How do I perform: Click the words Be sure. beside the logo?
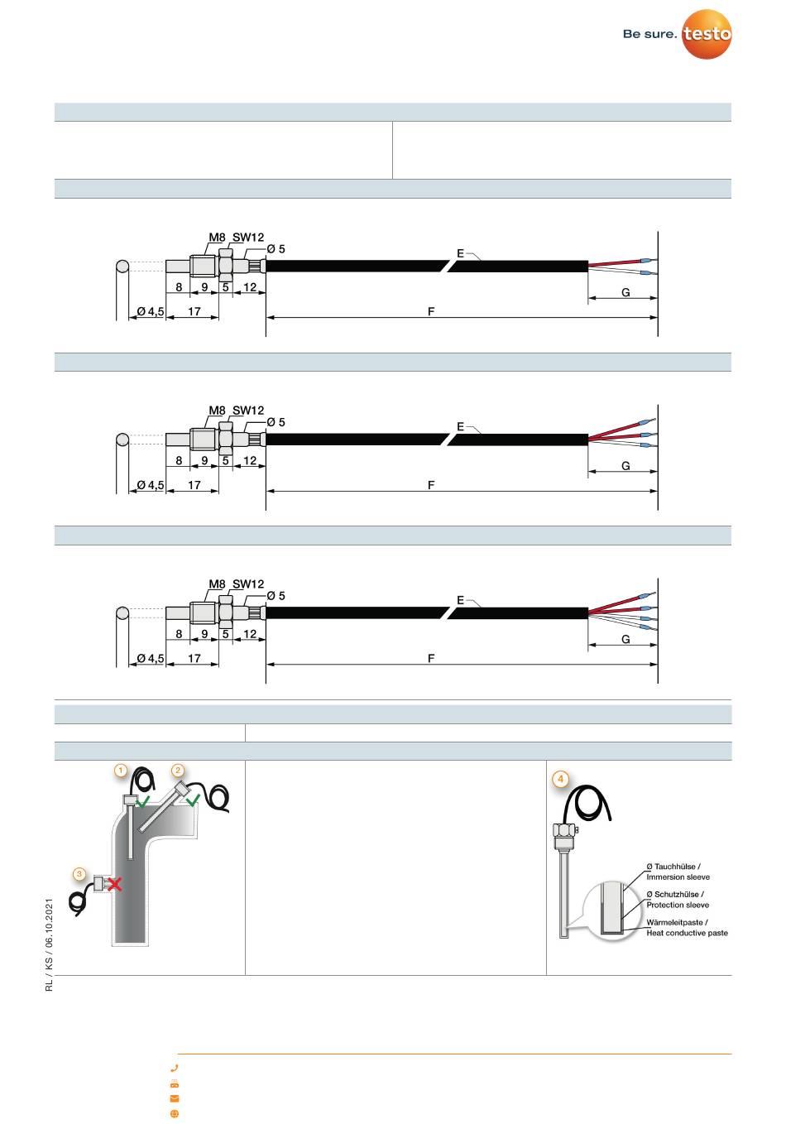(649, 35)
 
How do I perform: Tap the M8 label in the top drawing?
(216, 238)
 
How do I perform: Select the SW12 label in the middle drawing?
(248, 411)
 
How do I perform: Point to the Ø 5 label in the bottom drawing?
(276, 596)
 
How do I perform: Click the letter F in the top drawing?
(431, 312)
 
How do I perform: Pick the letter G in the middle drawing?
(625, 466)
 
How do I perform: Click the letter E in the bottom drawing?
(460, 600)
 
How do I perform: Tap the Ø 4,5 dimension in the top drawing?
(150, 312)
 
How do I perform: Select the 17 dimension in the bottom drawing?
(194, 659)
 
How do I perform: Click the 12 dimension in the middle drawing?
(250, 461)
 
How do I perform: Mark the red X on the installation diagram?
(115, 884)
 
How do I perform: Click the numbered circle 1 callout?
(121, 771)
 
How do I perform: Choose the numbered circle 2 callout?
(177, 771)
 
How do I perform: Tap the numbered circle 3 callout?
(79, 873)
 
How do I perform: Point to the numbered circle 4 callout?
(561, 779)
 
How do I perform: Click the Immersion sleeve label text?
(678, 877)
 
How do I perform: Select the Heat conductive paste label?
(687, 933)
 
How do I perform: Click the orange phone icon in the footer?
(175, 1069)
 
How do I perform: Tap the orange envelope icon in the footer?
(175, 1098)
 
